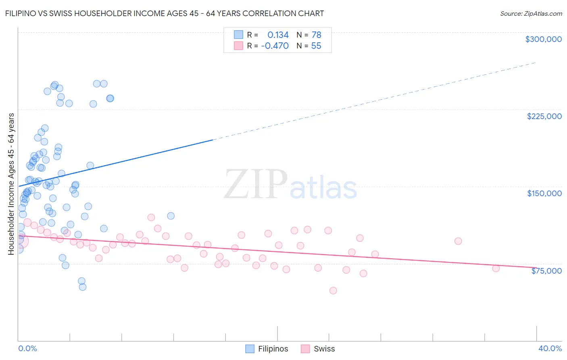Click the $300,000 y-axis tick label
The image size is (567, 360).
pyautogui.click(x=543, y=39)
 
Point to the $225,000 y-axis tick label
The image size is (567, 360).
pyautogui.click(x=544, y=116)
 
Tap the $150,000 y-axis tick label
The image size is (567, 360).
pyautogui.click(x=544, y=193)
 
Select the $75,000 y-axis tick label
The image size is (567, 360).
pyautogui.click(x=546, y=271)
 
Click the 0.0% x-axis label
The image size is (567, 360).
pyautogui.click(x=27, y=348)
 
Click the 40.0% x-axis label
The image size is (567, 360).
pyautogui.click(x=550, y=348)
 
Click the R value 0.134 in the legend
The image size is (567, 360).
pyautogui.click(x=278, y=35)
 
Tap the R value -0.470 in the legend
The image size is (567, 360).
pyautogui.click(x=275, y=46)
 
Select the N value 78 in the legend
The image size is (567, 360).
pyautogui.click(x=316, y=35)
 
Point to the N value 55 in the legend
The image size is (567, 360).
pyautogui.click(x=316, y=46)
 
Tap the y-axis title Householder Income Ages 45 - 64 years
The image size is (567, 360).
pyautogui.click(x=11, y=184)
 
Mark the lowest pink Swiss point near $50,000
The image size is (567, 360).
pyautogui.click(x=333, y=291)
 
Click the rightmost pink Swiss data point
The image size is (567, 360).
pyautogui.click(x=496, y=268)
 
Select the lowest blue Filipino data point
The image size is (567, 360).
pyautogui.click(x=83, y=287)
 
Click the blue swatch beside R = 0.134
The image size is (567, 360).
pyautogui.click(x=238, y=35)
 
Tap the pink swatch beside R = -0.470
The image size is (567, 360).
pyautogui.click(x=238, y=46)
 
